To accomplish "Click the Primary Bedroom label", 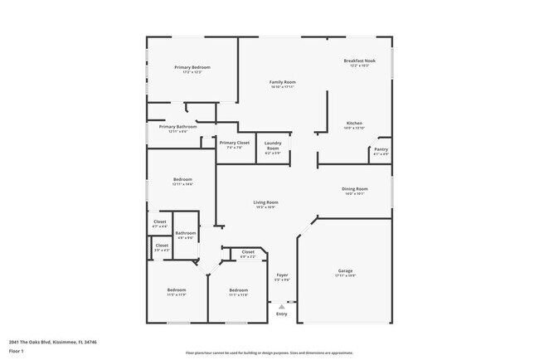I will (x=192, y=67).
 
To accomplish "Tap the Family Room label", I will (x=283, y=82).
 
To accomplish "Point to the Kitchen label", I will (x=354, y=124).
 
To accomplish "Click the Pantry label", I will (x=381, y=149).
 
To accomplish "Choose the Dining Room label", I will (x=355, y=189).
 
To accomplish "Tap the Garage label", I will (x=345, y=271).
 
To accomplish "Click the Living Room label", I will (x=265, y=202).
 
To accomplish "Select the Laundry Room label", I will (x=272, y=147).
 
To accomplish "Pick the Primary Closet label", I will (x=234, y=143).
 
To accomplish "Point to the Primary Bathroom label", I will (x=182, y=127).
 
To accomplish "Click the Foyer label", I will (x=282, y=275).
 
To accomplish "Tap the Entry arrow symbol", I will (x=282, y=304).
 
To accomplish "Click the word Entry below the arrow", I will (x=282, y=314).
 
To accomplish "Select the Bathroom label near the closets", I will (x=185, y=233).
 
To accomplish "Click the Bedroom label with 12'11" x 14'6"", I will (x=182, y=179).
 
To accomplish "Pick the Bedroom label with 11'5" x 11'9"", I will (x=177, y=289).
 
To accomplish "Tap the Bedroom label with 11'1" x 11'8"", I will (x=239, y=289).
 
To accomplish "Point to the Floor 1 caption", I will (x=16, y=351).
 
